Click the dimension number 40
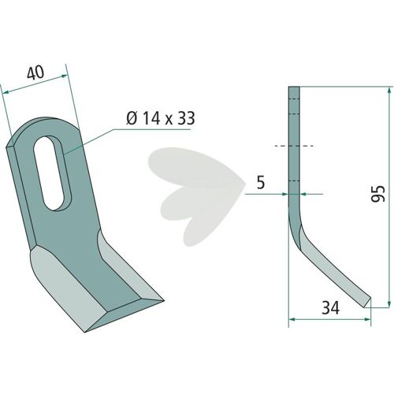pos(35,72)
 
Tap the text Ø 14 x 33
pos(160,118)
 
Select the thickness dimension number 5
pos(260,183)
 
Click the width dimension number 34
pos(330,307)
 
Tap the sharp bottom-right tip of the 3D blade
pos(164,300)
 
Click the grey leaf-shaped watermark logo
pos(196,196)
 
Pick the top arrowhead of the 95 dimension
pos(388,91)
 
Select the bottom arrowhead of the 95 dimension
pos(388,303)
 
